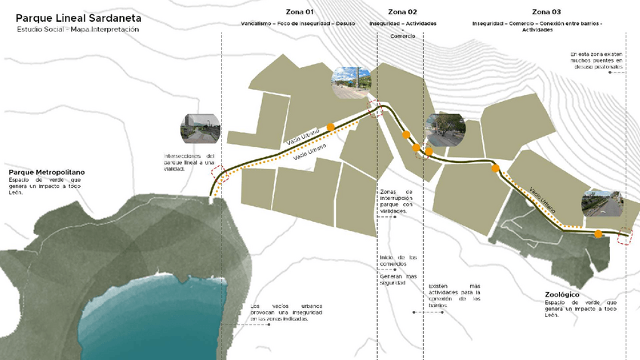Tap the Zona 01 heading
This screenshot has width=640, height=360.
299,12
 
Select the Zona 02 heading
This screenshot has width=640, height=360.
402,12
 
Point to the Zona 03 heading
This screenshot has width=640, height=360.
546,12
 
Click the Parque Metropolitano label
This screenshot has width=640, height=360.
47,173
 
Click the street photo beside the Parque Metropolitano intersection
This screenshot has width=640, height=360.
200,129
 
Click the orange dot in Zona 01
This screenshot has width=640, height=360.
330,127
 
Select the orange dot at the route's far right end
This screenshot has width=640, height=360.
597,234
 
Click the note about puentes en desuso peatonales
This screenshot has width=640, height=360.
597,61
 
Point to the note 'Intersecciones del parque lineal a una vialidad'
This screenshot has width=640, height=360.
189,162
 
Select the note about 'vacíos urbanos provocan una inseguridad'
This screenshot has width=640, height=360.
280,312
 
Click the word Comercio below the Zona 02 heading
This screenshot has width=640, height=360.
402,36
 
